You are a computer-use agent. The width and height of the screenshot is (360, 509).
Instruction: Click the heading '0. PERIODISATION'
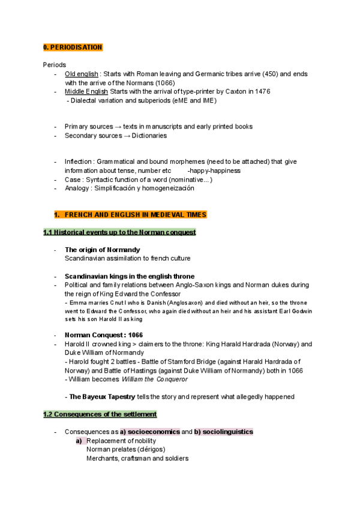tap(73, 47)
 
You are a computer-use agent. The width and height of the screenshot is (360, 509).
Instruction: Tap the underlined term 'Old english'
tap(81, 74)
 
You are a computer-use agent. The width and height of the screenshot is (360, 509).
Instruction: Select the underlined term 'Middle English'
tap(86, 91)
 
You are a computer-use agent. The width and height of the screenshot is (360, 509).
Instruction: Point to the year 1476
tap(261, 91)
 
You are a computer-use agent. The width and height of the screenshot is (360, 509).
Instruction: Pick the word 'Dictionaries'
tap(149, 136)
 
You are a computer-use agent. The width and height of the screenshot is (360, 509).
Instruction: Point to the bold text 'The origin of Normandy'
tap(103, 250)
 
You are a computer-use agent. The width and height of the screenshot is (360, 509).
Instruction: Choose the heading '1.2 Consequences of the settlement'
tap(100, 414)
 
